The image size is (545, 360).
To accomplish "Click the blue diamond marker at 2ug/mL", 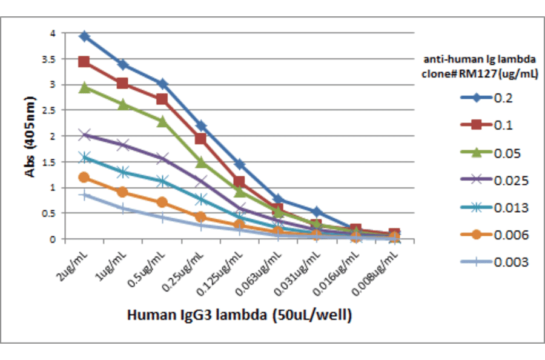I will [84, 36].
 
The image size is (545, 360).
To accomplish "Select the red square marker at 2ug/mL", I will [84, 62].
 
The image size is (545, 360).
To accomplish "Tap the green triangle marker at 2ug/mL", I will [84, 87].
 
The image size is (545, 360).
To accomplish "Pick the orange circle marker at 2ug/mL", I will [84, 177].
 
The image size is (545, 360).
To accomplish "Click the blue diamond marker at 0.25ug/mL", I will [201, 125].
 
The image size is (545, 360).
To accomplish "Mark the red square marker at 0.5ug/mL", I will [162, 99].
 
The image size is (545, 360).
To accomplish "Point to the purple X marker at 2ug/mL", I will [84, 135].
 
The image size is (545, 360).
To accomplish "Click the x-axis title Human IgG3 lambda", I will [239, 315].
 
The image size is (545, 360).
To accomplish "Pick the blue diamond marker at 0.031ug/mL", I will [317, 211].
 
